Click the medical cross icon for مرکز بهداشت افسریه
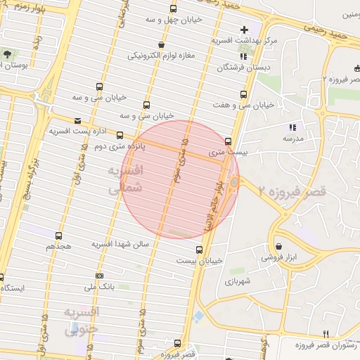(244, 30)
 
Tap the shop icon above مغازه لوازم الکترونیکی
(162, 44)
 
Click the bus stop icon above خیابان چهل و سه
(173, 9)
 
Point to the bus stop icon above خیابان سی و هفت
(244, 94)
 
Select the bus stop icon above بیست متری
(228, 141)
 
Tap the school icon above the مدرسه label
(292, 128)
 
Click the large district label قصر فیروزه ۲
(292, 191)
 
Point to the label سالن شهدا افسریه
(121, 243)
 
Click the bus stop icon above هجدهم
(58, 236)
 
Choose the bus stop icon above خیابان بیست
(199, 249)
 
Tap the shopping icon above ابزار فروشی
(280, 247)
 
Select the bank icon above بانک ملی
(99, 276)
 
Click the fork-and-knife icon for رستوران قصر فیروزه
(325, 333)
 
